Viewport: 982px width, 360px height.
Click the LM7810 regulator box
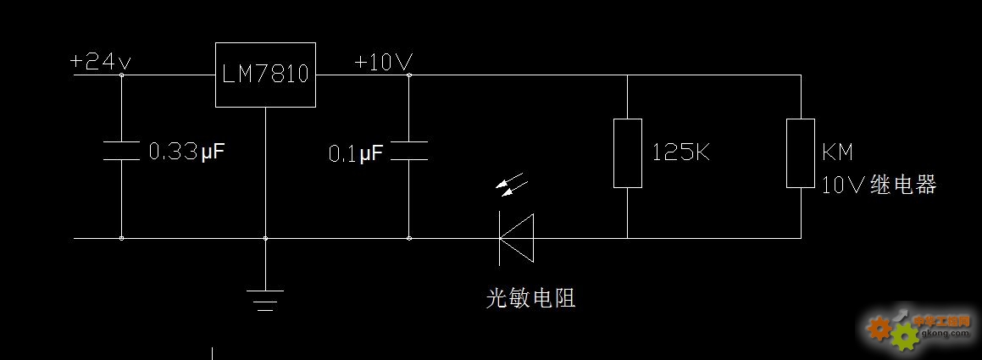tap(265, 75)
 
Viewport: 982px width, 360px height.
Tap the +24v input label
tap(101, 62)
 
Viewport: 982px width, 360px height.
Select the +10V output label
tap(383, 62)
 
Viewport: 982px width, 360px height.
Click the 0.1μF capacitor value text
tap(356, 153)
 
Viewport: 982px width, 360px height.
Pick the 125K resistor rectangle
tap(628, 153)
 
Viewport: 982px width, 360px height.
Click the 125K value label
tap(681, 153)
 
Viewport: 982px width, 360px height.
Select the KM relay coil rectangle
tap(801, 153)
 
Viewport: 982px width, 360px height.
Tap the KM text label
tap(837, 153)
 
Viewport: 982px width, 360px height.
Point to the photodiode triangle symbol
tap(516, 238)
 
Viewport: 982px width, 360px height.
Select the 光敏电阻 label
tap(530, 297)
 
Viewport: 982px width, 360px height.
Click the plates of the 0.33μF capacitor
tap(121, 151)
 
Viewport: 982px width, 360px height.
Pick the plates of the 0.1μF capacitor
tap(409, 151)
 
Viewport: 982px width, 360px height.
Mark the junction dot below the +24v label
tap(121, 75)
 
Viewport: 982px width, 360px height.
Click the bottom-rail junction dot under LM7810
tap(265, 238)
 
